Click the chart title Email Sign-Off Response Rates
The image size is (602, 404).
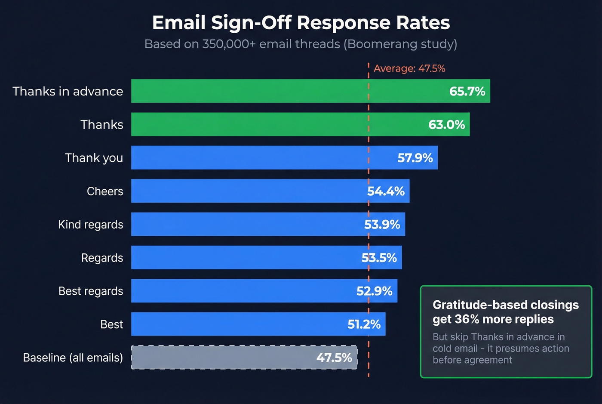301,23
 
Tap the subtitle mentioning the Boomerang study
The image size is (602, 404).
301,44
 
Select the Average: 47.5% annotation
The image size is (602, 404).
409,68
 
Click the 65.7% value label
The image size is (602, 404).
467,91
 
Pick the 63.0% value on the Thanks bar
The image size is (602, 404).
446,125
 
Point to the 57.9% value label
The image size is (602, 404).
415,158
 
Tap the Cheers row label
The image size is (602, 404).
105,191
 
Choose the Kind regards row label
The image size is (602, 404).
91,225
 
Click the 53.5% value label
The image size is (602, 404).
379,258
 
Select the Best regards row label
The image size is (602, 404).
91,291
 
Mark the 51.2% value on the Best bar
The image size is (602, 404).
364,324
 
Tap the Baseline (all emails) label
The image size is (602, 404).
73,358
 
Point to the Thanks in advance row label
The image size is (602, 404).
68,91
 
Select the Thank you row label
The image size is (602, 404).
94,158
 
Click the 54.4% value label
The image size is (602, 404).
386,191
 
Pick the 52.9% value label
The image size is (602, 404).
374,291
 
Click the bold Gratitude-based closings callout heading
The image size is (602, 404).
505,312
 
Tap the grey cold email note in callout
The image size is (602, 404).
501,348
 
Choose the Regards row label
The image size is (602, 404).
102,258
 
